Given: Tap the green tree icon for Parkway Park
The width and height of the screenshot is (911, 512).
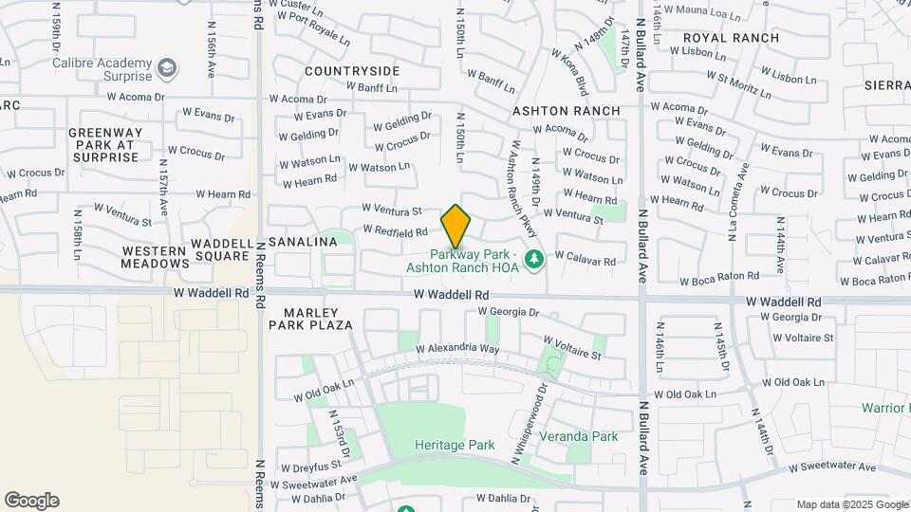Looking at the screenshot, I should pyautogui.click(x=534, y=259).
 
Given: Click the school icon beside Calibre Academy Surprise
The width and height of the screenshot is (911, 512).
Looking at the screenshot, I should pyautogui.click(x=167, y=68).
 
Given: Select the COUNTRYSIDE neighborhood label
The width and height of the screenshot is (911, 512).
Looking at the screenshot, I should pyautogui.click(x=352, y=71).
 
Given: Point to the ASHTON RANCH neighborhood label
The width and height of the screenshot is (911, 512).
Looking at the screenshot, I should pyautogui.click(x=567, y=111).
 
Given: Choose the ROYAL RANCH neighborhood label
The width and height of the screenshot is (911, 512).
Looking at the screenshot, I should pyautogui.click(x=731, y=39).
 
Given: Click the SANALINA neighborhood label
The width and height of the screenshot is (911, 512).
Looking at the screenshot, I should pyautogui.click(x=303, y=243).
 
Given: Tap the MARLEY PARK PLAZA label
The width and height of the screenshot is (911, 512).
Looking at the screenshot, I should pyautogui.click(x=316, y=318).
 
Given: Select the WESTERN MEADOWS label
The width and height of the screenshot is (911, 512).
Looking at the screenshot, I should pyautogui.click(x=156, y=258).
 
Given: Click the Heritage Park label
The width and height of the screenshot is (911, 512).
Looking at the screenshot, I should pyautogui.click(x=455, y=445).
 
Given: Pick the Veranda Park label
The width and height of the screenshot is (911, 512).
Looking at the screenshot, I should pyautogui.click(x=578, y=437).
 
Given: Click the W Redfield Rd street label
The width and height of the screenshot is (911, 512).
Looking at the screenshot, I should pyautogui.click(x=396, y=231).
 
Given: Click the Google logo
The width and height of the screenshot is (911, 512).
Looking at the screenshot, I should pyautogui.click(x=31, y=501).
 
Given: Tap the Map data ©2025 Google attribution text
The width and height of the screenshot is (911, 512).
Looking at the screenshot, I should pyautogui.click(x=851, y=504).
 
